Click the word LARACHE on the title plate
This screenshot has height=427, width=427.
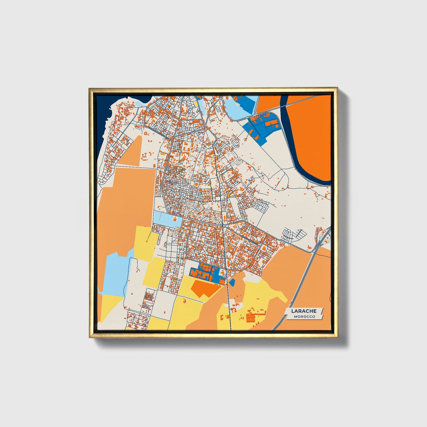point(304,311)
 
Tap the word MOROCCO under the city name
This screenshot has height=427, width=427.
point(304,316)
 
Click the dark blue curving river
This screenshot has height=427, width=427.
point(307,174)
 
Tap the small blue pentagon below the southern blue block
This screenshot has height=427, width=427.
point(232,282)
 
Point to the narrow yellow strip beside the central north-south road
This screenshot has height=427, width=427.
point(228,195)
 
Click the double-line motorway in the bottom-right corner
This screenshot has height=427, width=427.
point(298,290)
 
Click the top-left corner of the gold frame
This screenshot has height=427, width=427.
point(90,89)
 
